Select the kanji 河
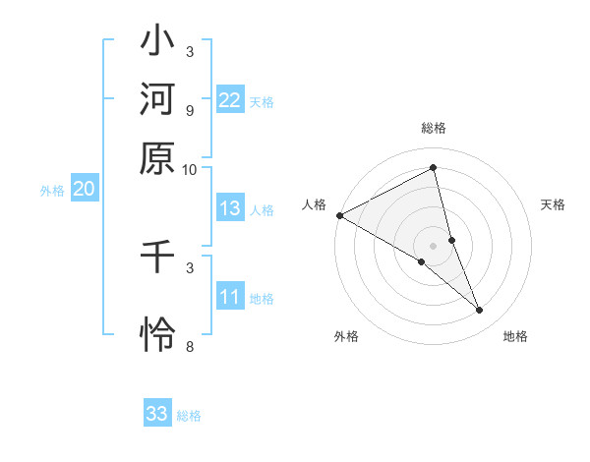157,101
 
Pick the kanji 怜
157,334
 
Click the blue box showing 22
230,99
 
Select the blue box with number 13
230,208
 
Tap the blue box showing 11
230,297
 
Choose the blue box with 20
84,190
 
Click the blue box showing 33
157,414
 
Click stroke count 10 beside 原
190,169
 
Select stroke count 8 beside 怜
190,346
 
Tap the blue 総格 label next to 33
189,416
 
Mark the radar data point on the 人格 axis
339,215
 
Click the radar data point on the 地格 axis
480,310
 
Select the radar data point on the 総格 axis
434,167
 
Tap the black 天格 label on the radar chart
554,204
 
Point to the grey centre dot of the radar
434,245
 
